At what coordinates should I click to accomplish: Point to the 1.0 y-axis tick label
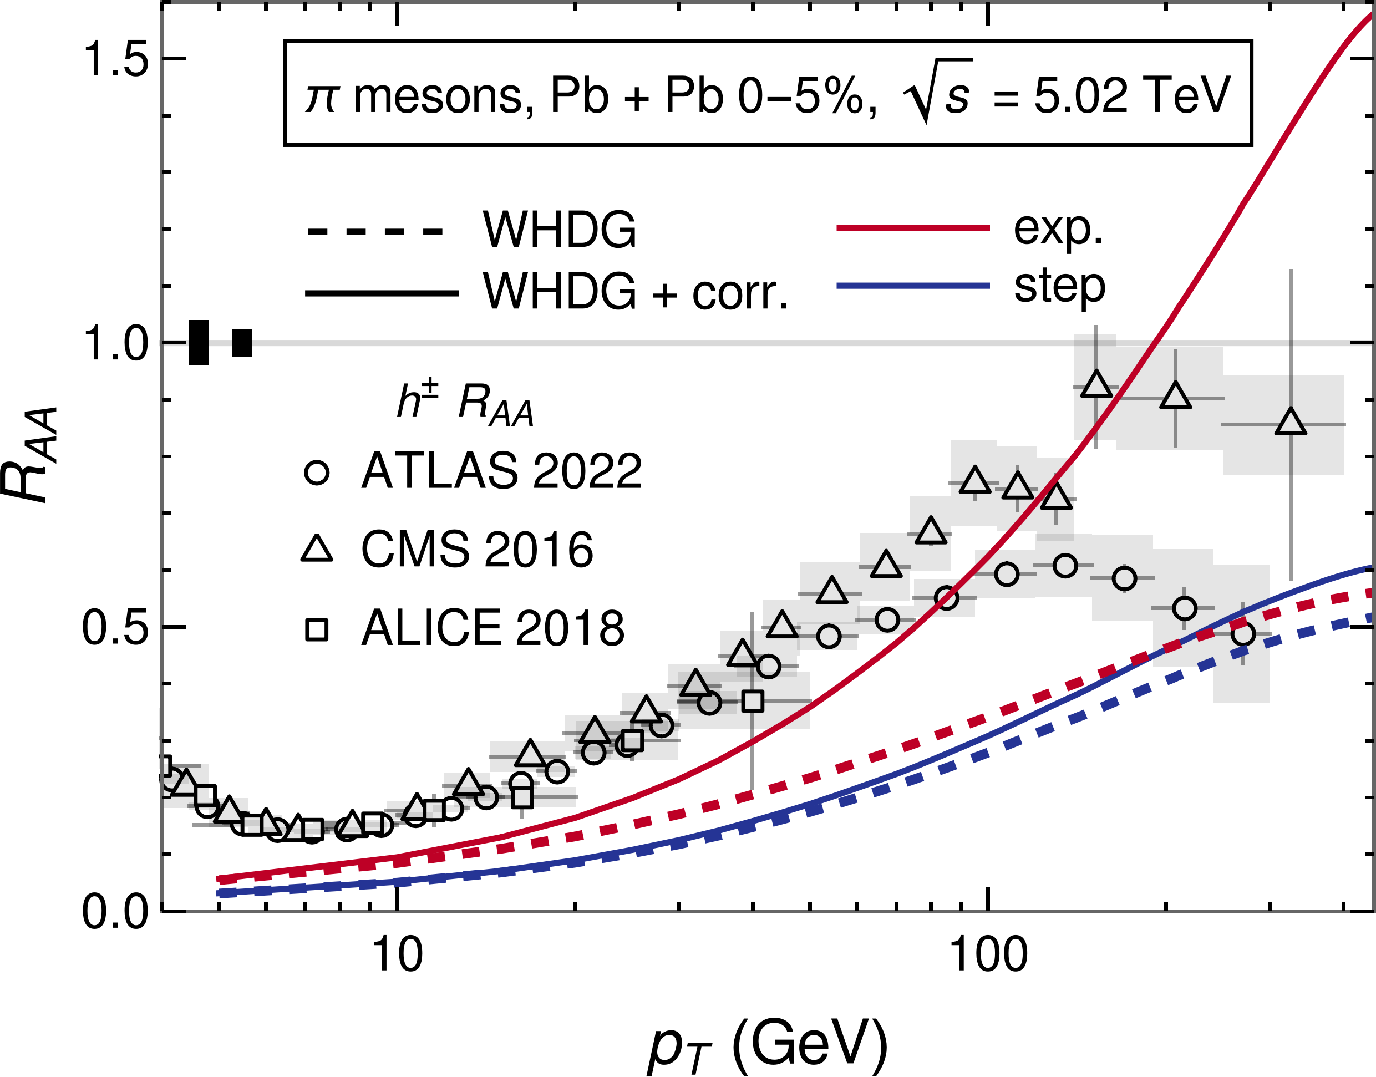[x=114, y=344]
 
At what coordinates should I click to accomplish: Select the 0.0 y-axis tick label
[x=114, y=912]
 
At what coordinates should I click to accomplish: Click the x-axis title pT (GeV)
[x=768, y=1044]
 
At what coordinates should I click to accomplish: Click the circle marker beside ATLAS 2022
[x=317, y=473]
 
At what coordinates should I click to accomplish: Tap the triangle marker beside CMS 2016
[x=317, y=548]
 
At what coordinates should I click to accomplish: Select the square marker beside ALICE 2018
[x=317, y=630]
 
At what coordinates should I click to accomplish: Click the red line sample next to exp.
[x=912, y=227]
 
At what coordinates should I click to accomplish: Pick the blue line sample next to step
[x=912, y=286]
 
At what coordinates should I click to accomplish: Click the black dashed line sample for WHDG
[x=375, y=231]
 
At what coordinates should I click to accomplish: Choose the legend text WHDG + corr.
[x=636, y=292]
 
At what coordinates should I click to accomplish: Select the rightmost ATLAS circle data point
[x=1242, y=634]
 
